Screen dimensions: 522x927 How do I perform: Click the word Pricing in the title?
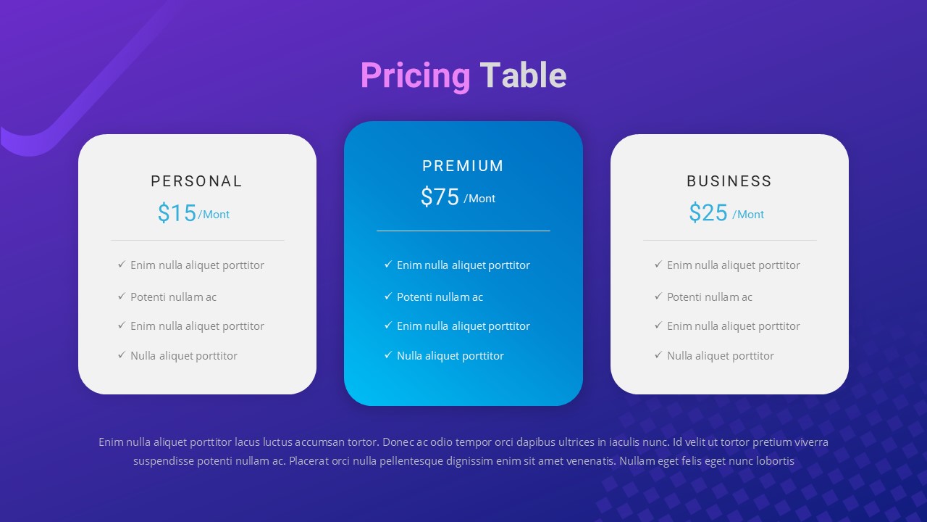[x=415, y=75]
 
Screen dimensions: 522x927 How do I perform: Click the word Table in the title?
[x=523, y=75]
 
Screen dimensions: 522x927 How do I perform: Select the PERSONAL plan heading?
[x=197, y=181]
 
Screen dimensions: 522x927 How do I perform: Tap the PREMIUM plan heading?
[x=463, y=166]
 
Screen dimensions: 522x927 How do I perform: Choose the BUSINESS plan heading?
[x=729, y=181]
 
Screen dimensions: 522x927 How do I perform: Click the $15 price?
[x=177, y=213]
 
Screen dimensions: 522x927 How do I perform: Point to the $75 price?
[x=440, y=197]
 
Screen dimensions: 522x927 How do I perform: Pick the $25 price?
[x=708, y=213]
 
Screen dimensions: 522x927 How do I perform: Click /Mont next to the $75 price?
[x=479, y=199]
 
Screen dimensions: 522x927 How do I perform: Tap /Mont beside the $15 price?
[x=214, y=215]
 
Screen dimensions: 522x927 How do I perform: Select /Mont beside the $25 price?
[x=748, y=215]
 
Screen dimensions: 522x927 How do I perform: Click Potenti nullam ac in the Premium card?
[x=440, y=297]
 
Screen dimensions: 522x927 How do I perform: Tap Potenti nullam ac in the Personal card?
[x=173, y=297]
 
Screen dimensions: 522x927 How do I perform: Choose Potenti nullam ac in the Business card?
[x=710, y=297]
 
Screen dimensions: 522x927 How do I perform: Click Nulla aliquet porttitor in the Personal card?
[x=184, y=356]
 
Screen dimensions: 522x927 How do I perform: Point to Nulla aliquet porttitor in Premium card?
[x=450, y=356]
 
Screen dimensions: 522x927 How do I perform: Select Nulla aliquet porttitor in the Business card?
[x=721, y=356]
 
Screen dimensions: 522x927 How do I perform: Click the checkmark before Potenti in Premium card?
[x=388, y=296]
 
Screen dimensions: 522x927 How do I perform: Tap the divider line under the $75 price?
[x=463, y=231]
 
